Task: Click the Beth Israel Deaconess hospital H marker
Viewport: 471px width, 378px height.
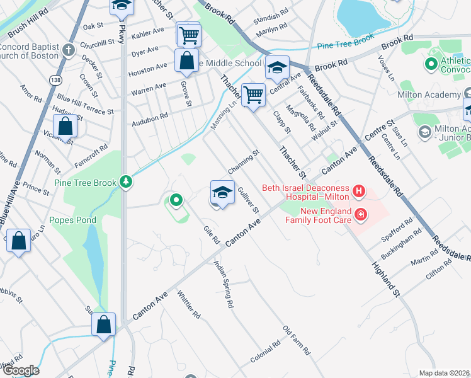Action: tap(359, 190)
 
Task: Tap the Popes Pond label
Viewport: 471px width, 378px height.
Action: tap(73, 220)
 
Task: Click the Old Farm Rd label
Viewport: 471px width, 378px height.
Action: tap(297, 340)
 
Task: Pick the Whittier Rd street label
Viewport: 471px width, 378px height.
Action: tap(189, 304)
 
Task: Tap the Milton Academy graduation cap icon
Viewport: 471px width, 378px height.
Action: tap(424, 132)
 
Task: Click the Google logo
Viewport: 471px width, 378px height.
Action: tap(21, 371)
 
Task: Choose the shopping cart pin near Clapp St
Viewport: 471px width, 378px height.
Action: tap(253, 95)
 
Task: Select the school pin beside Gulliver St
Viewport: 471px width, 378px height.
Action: tap(221, 192)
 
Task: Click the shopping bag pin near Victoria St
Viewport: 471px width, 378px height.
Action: tap(65, 126)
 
